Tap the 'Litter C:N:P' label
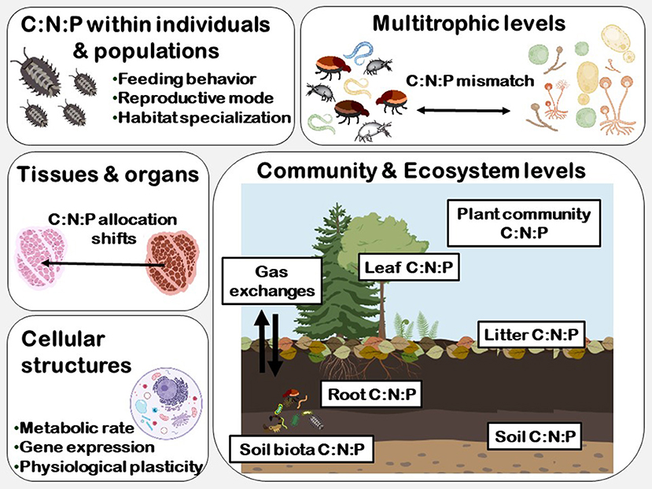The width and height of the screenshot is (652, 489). pos(529,336)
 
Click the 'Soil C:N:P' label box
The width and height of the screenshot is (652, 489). pos(533,436)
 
